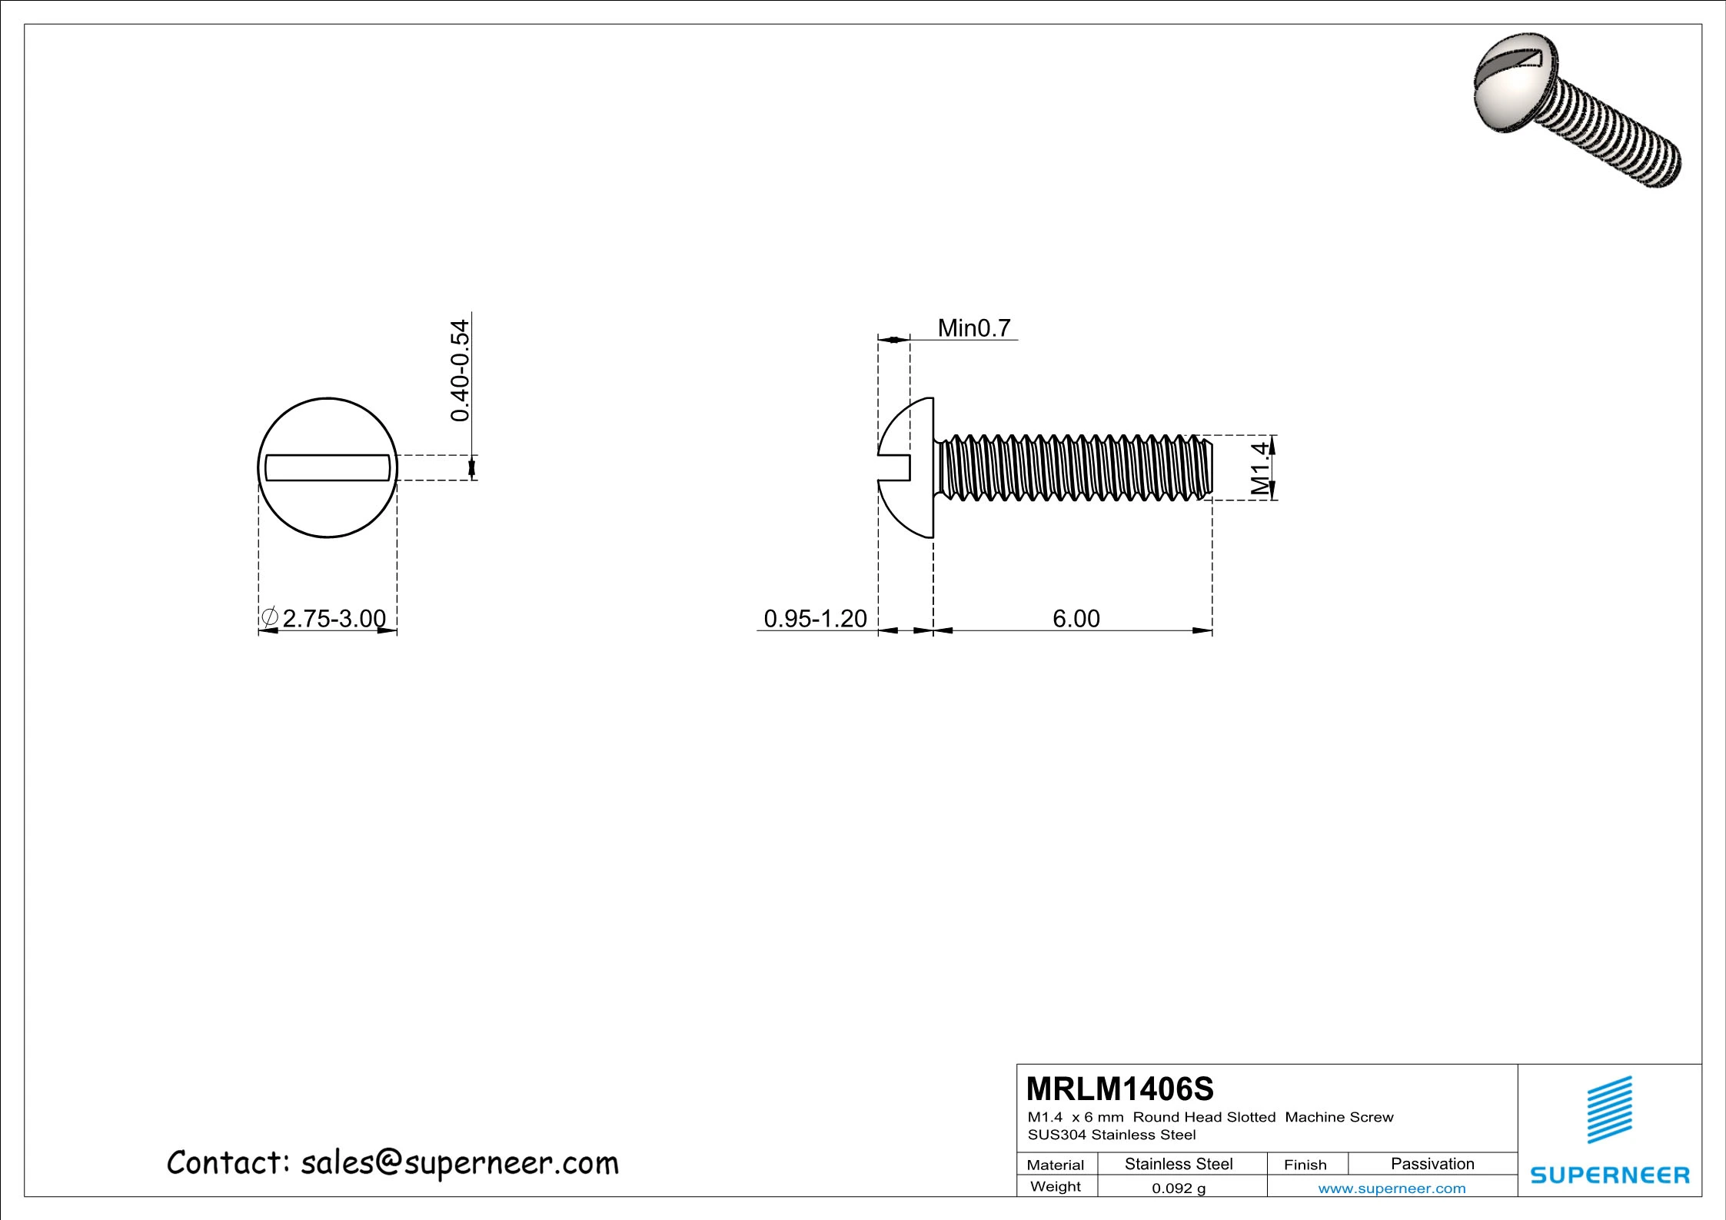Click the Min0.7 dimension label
[x=973, y=328]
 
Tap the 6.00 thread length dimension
[x=1076, y=618]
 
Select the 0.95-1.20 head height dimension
[x=815, y=618]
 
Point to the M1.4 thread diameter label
[x=1259, y=468]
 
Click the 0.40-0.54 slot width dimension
[x=460, y=371]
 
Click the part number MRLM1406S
[x=1119, y=1089]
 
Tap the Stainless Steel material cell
[x=1179, y=1164]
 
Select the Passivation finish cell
[x=1432, y=1164]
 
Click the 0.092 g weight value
[x=1179, y=1188]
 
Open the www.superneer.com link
[x=1392, y=1188]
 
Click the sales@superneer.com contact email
[x=459, y=1163]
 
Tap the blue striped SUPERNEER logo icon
[x=1610, y=1110]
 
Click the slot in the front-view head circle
[x=328, y=467]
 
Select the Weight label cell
[x=1056, y=1186]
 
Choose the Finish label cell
[x=1305, y=1165]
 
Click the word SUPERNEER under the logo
[x=1610, y=1175]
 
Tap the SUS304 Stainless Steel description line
[x=1112, y=1135]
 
